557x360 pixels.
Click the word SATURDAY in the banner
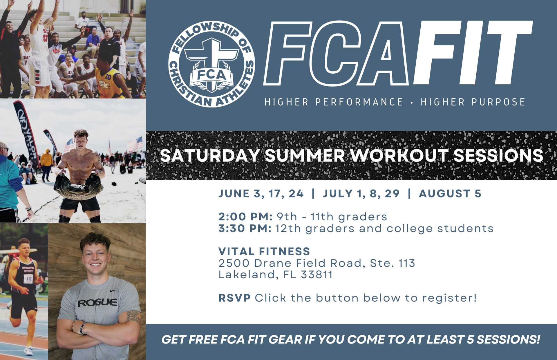tap(209, 156)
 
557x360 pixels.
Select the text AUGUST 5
tap(450, 194)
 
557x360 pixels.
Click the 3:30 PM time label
tap(245, 228)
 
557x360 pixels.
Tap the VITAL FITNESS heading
tap(264, 251)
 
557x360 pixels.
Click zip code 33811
tap(317, 274)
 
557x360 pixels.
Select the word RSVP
tap(234, 298)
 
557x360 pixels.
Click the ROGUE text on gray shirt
tap(97, 303)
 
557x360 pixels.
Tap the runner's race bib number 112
tap(29, 279)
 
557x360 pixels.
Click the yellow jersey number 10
tap(108, 77)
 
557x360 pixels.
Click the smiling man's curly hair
tap(95, 240)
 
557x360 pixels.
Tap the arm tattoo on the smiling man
tap(134, 317)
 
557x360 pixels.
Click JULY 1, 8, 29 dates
tap(361, 194)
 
